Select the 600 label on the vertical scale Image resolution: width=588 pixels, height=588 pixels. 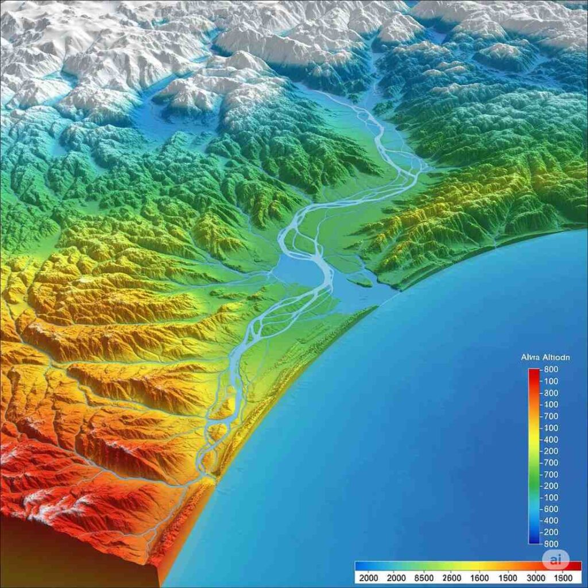click(551, 509)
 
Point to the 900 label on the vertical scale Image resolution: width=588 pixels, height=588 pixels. click(551, 543)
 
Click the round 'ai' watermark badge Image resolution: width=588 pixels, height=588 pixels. click(555, 559)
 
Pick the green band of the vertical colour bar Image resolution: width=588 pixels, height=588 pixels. click(533, 477)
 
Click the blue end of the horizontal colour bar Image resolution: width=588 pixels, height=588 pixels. click(362, 565)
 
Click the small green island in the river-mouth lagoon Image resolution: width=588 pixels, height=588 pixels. click(361, 281)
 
